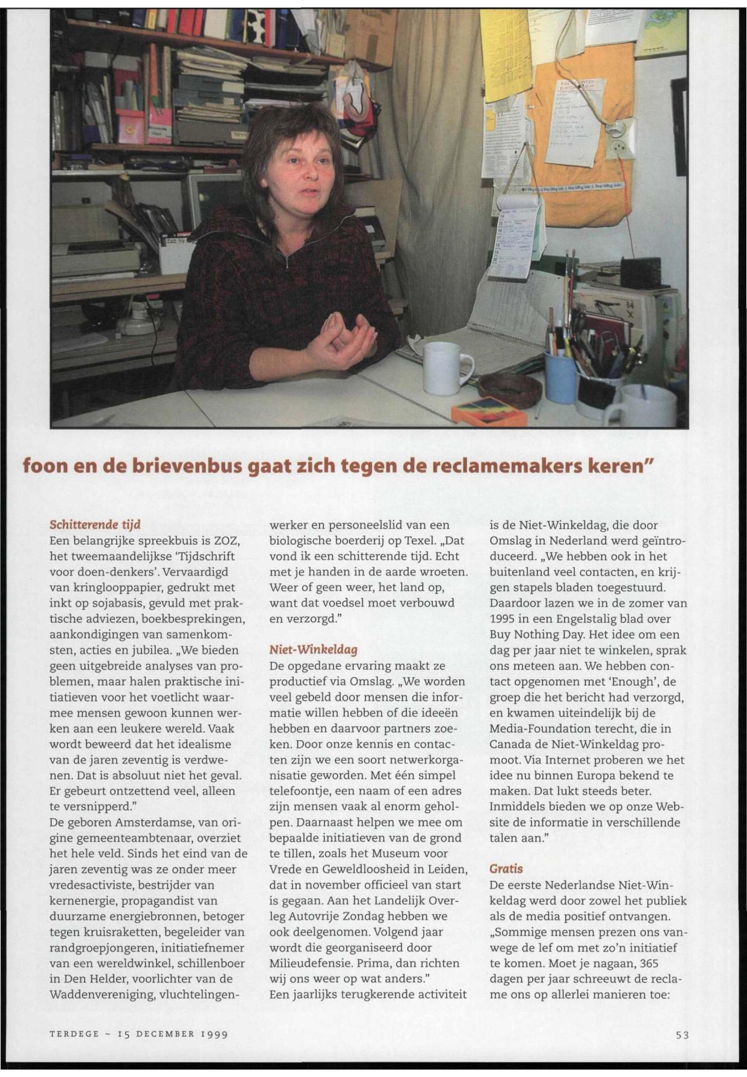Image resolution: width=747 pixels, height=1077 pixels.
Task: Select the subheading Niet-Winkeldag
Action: click(x=313, y=650)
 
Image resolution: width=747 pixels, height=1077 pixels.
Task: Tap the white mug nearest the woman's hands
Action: click(x=444, y=367)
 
